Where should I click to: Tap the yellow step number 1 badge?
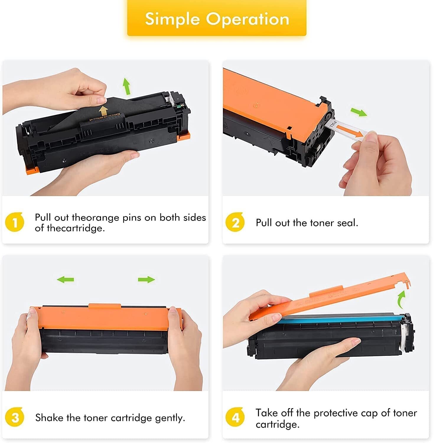tap(14, 222)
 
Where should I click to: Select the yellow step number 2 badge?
tap(235, 222)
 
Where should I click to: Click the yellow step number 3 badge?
tap(14, 417)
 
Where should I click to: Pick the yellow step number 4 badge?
tap(235, 418)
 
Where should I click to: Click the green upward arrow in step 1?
tap(127, 86)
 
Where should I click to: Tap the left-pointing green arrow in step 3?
tap(66, 279)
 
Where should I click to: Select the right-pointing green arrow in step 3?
tap(146, 279)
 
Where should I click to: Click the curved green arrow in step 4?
tap(401, 299)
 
